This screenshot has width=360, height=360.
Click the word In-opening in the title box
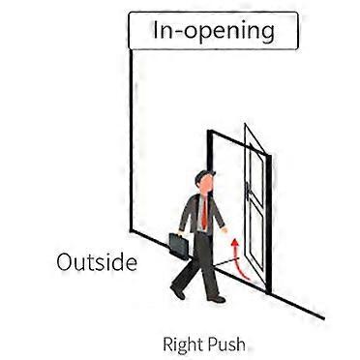click(214, 30)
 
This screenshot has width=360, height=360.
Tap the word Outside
click(96, 262)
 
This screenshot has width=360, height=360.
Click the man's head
click(201, 182)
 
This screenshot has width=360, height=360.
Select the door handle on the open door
click(249, 208)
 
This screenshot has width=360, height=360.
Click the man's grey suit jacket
click(194, 213)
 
